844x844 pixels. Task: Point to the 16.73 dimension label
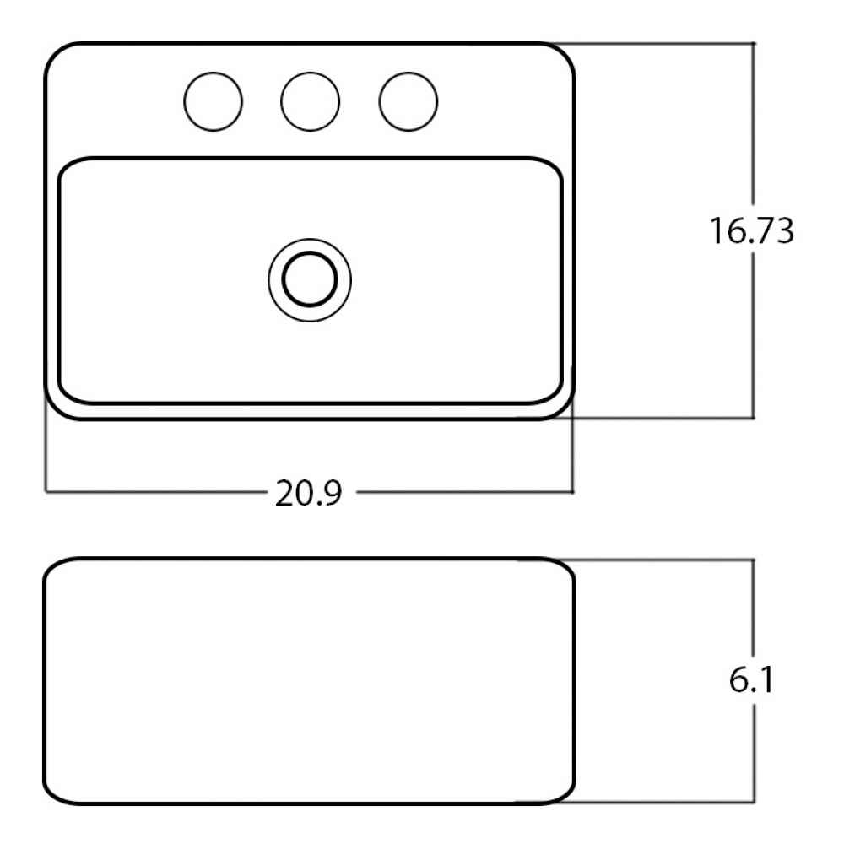click(x=751, y=231)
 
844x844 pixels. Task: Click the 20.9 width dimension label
click(x=308, y=493)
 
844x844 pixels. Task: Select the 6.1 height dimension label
click(x=751, y=679)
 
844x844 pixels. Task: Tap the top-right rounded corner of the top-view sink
click(x=565, y=52)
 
